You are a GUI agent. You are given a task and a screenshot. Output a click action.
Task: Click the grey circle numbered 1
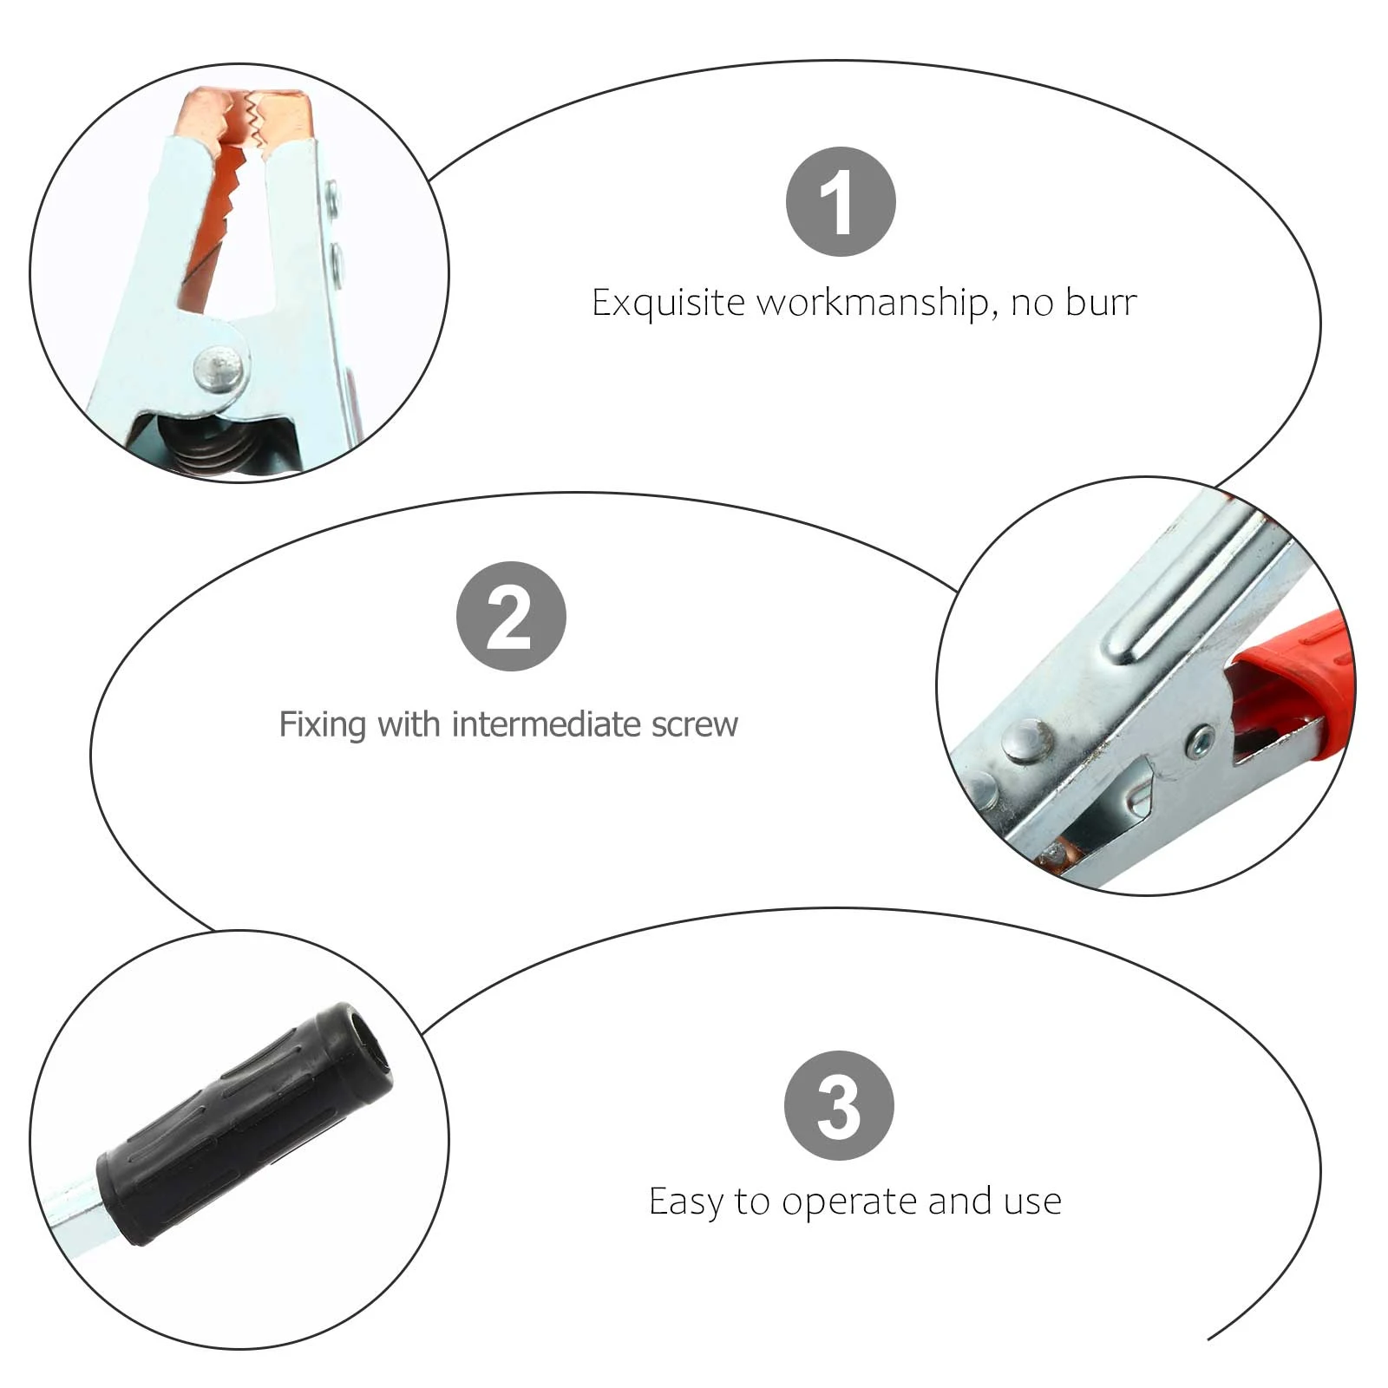840,201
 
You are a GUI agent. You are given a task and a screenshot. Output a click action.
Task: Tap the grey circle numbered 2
511,616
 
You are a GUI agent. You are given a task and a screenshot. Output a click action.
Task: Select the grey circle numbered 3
839,1105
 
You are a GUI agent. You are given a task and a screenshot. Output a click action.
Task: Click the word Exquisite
668,304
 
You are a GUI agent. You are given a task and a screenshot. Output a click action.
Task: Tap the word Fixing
322,724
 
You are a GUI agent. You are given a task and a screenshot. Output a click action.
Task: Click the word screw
694,725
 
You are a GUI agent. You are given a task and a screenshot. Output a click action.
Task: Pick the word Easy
685,1201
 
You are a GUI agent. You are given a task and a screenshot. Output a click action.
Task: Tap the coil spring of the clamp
213,447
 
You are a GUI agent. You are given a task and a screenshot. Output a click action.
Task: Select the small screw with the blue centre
1201,742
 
